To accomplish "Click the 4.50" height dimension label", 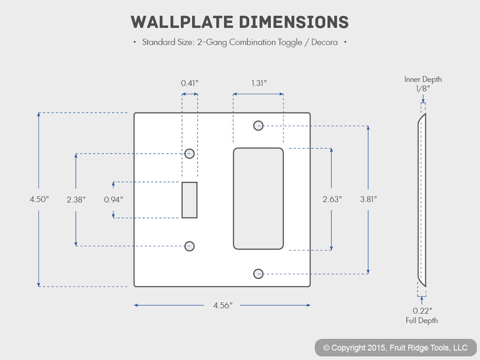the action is point(39,199).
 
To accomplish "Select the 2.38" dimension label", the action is point(76,200).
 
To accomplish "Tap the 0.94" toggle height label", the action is point(113,200).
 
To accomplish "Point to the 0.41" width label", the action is point(189,83).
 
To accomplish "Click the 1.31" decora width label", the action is point(259,83).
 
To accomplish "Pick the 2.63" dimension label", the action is point(332,199).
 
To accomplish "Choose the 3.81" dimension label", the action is point(368,199).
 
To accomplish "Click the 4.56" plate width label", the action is point(223,306).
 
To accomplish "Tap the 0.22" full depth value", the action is point(422,310).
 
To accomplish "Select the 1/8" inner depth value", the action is point(423,89).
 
